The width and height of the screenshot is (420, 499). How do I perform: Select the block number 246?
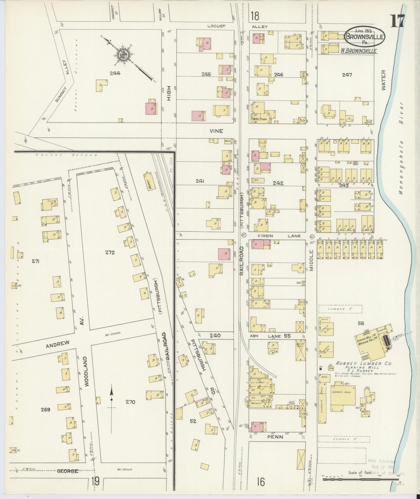click(278, 75)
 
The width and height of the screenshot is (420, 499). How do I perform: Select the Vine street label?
click(217, 131)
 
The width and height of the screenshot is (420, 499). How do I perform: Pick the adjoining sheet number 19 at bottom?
click(95, 482)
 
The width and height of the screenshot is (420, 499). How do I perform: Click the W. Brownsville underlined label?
click(359, 51)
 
